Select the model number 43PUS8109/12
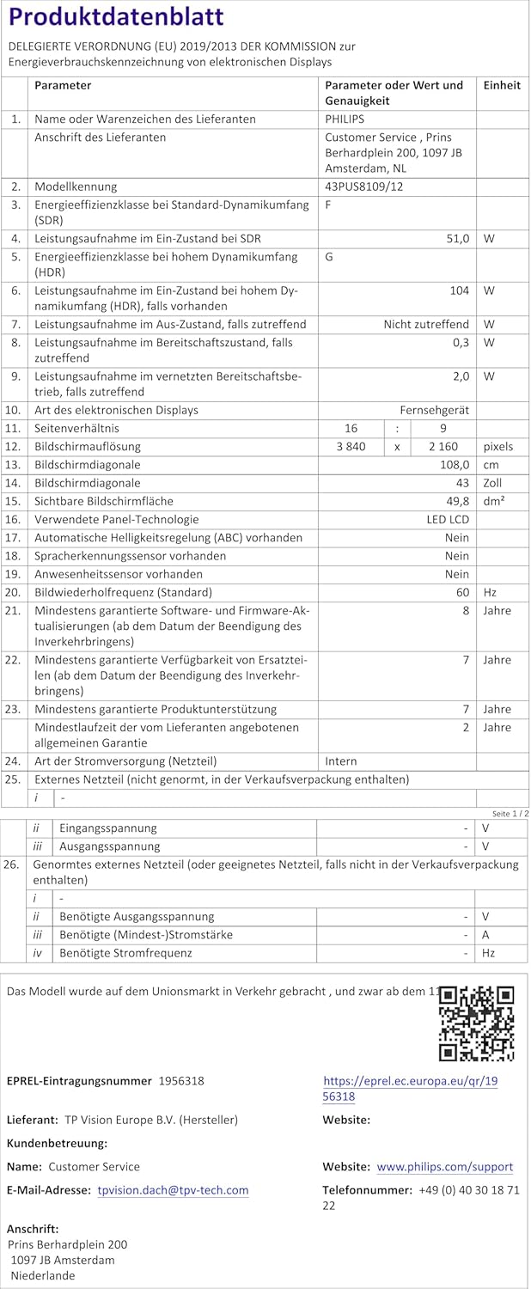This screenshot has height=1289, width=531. [x=365, y=186]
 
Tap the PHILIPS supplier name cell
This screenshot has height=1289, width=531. [x=345, y=119]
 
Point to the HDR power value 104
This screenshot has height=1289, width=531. [x=459, y=290]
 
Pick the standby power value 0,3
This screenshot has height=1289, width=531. [x=461, y=342]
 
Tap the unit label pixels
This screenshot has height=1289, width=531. [x=498, y=446]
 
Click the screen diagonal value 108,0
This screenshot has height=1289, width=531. [x=454, y=464]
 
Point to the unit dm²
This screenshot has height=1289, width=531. [x=494, y=501]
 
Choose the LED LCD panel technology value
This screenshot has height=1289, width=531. [x=448, y=519]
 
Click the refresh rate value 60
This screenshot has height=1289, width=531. [x=462, y=592]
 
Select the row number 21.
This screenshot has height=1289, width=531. [x=13, y=610]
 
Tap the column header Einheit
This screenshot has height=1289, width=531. [x=502, y=85]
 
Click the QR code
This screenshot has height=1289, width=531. [x=476, y=1023]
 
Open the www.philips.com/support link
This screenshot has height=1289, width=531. [x=445, y=1167]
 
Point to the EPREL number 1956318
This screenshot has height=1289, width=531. [x=181, y=1081]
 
